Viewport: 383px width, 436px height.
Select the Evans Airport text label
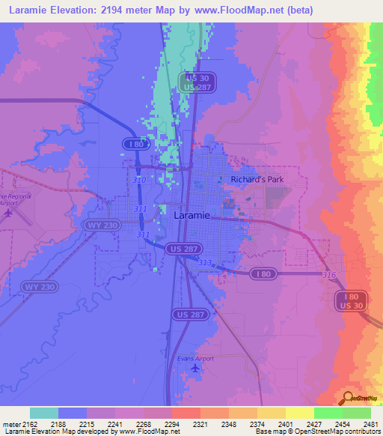pos(195,359)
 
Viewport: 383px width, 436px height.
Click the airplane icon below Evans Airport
pos(196,368)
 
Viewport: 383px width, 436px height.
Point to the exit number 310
pos(140,180)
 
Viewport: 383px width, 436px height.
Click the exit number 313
pos(205,262)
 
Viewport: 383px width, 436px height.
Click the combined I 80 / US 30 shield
pos(350,300)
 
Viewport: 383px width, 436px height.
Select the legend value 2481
pos(370,424)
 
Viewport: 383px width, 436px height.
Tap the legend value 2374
pos(257,424)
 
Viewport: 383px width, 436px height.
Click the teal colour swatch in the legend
pos(44,413)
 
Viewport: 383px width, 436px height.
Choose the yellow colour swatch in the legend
pos(300,413)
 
